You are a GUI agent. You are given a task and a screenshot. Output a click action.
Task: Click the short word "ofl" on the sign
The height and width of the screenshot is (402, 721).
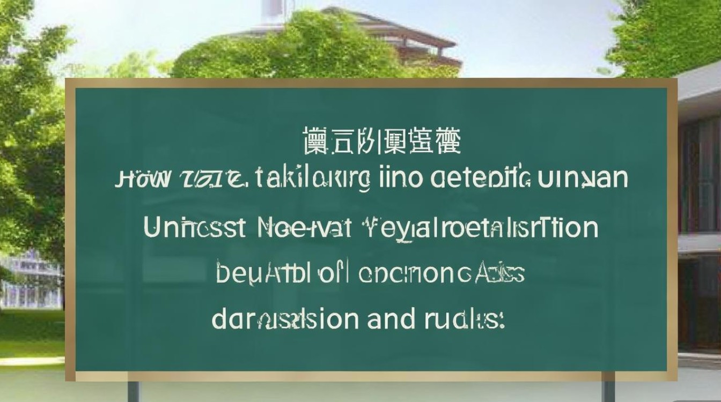tap(333, 273)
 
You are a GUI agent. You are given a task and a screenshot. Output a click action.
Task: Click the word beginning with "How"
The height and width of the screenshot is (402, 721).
tap(143, 180)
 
